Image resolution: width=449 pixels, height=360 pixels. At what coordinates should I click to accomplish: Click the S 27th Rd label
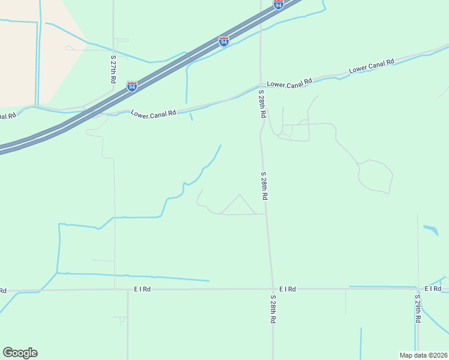point(113,69)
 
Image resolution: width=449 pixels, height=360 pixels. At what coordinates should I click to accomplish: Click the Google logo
point(20,353)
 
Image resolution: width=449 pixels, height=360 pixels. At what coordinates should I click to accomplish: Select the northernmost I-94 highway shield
point(278,4)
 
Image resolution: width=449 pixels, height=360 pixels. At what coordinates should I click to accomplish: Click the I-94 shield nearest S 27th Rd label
point(132,86)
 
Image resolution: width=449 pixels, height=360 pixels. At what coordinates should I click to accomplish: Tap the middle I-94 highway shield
point(223,41)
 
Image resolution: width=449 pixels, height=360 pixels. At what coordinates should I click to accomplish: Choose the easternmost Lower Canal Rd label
point(371,65)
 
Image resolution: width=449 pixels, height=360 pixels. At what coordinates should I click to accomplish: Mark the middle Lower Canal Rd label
point(290,83)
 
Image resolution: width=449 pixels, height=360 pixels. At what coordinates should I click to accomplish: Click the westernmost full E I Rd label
point(142,289)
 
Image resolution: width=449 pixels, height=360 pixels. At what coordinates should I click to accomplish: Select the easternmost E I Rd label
point(433,289)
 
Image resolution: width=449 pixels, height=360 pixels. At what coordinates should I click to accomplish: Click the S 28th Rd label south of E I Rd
point(273,310)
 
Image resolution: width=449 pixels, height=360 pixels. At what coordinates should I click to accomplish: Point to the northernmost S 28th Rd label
point(262,104)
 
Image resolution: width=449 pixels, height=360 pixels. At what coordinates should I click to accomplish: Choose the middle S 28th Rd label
point(264,185)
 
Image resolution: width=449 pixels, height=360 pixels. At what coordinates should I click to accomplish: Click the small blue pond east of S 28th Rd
point(431,229)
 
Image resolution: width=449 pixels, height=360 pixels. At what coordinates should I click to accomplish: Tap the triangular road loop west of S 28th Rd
point(240,206)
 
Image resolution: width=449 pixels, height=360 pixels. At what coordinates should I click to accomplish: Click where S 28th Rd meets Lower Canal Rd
point(261,85)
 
